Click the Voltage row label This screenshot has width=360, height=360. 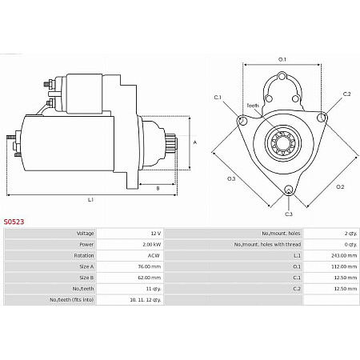[86, 233]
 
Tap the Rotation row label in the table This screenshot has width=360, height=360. [85, 255]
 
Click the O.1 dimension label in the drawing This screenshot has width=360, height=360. [282, 58]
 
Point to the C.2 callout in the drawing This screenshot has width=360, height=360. [346, 94]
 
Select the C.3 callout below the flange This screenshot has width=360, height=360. [289, 214]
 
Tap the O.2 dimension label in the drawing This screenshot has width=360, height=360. [339, 187]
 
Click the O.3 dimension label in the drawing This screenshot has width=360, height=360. [231, 178]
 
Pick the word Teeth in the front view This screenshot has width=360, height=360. [252, 106]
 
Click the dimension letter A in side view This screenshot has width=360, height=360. [194, 142]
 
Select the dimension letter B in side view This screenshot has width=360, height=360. [158, 189]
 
